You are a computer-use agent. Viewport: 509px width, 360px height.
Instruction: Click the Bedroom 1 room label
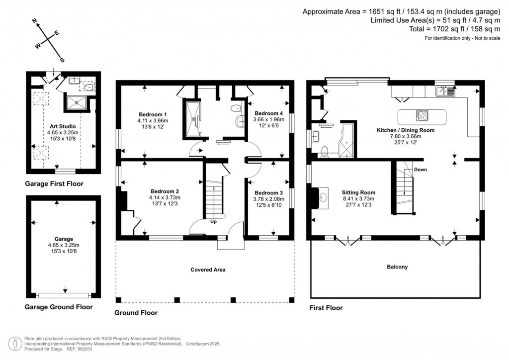(x=153, y=114)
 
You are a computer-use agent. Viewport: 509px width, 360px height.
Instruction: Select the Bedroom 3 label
(x=269, y=193)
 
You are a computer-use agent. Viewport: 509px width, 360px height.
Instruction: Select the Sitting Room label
(x=358, y=192)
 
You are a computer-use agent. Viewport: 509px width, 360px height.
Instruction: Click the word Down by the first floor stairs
(x=420, y=170)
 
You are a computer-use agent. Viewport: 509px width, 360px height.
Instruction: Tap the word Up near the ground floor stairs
(x=213, y=221)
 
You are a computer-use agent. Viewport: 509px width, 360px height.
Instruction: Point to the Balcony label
(x=397, y=267)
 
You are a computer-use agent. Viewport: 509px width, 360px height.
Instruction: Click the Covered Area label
(x=208, y=270)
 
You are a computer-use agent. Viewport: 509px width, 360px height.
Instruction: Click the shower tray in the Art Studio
(x=76, y=103)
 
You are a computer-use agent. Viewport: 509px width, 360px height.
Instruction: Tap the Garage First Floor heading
(x=54, y=184)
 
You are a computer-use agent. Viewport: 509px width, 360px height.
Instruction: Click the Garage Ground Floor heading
(x=59, y=307)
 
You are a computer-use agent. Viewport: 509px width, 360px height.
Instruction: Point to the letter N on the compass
(x=35, y=21)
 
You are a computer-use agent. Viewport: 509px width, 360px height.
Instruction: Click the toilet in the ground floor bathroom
(x=236, y=108)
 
